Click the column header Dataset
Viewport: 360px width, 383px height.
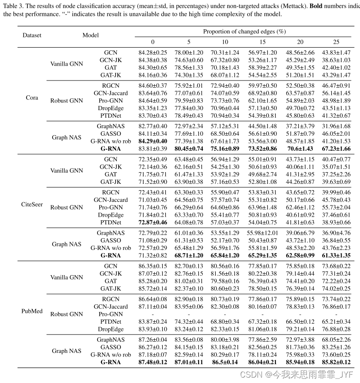[x=32, y=35]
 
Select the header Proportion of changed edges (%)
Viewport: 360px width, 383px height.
[x=244, y=31]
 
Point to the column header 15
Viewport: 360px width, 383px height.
[x=262, y=42]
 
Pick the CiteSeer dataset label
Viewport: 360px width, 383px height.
[x=32, y=205]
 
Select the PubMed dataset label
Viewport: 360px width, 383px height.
[x=32, y=311]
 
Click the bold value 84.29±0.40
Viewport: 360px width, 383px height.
[x=153, y=141]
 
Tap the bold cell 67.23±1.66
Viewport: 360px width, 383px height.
[x=336, y=148]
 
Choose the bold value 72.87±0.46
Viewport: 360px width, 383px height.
[x=153, y=222]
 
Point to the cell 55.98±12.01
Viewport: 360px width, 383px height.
[x=262, y=233]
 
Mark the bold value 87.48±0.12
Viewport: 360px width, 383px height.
[x=153, y=362]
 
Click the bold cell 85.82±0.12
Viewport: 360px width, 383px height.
[x=336, y=362]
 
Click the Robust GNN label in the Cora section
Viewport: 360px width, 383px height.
[x=67, y=100]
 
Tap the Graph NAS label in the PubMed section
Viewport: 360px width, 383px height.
[x=67, y=351]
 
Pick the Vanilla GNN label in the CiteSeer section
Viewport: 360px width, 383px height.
[x=67, y=170]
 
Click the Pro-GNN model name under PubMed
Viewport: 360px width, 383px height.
[x=111, y=314]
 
